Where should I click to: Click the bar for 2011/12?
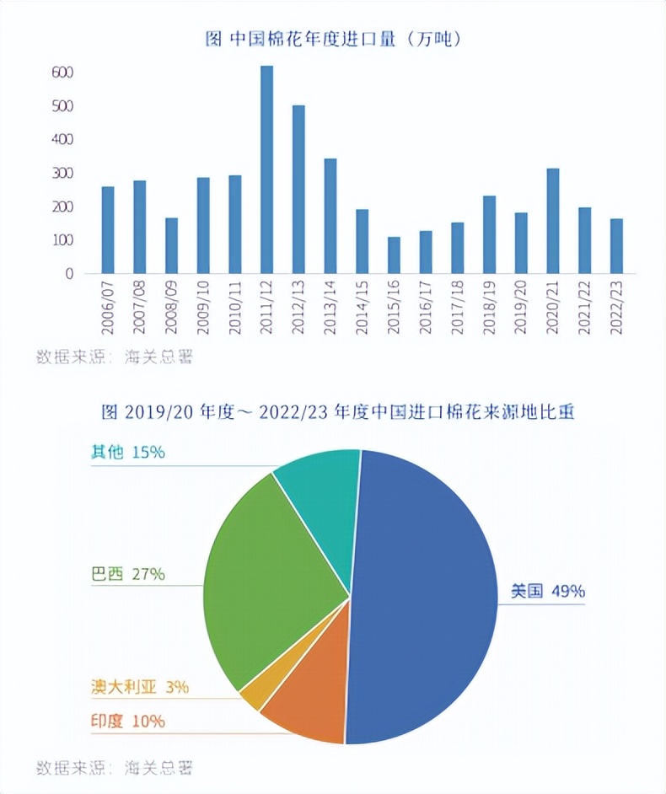[x=266, y=169]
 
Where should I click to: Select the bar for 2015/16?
[x=394, y=255]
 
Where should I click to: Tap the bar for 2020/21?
[x=553, y=221]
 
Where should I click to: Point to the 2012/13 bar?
[x=298, y=189]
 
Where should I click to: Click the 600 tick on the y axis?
[x=62, y=72]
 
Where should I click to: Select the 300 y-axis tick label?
[x=62, y=173]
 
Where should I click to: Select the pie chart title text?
[x=337, y=412]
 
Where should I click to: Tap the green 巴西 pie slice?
[x=270, y=573]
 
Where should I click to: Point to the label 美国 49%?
[x=547, y=592]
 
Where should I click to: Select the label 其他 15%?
[x=127, y=453]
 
